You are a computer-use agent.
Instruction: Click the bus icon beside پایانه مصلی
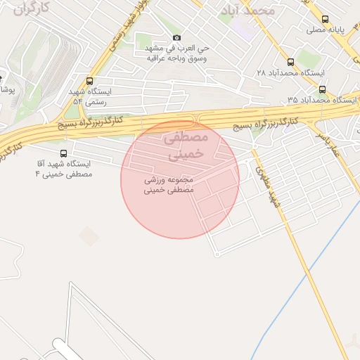(324, 20)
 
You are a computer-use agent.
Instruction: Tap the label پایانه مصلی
(326, 31)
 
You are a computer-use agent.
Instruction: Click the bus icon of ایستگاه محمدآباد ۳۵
(322, 89)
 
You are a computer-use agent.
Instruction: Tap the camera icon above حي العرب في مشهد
(176, 37)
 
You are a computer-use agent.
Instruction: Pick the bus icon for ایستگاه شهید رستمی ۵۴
(89, 81)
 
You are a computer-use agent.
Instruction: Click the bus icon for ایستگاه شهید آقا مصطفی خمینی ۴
(64, 153)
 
